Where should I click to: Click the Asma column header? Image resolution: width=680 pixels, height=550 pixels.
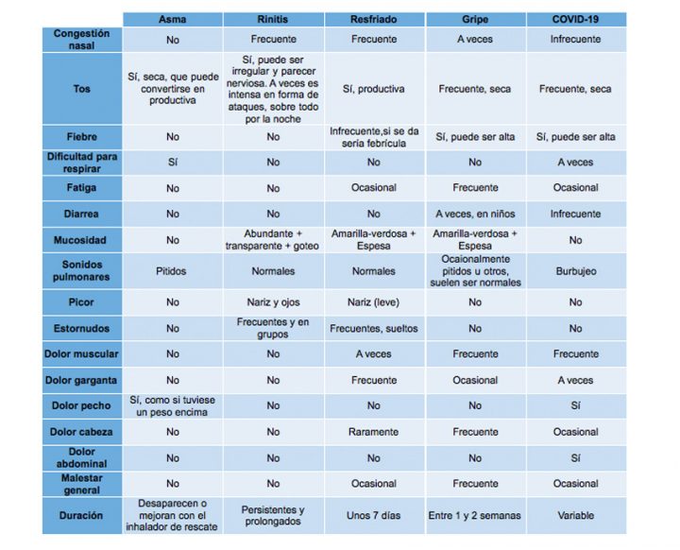point(173,19)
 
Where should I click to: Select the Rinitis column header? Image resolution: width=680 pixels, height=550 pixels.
point(273,19)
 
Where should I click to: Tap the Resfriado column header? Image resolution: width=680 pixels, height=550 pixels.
point(374,19)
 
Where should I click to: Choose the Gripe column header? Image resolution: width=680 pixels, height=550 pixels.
point(475,19)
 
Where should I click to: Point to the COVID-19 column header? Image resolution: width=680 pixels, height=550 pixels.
point(575,19)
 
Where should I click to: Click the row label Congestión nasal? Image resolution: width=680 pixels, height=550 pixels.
point(82,40)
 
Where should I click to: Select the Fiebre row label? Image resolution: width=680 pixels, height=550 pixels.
point(82,137)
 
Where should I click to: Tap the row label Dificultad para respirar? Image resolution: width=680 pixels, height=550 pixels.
point(82,162)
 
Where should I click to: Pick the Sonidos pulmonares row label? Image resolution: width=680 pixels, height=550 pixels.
point(82,271)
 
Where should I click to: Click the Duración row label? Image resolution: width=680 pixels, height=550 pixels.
point(82,516)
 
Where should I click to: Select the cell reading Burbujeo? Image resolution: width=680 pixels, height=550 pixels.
point(575,271)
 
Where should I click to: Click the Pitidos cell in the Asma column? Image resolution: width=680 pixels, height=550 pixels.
point(173,271)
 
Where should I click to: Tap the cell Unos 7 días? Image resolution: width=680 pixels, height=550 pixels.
point(374,516)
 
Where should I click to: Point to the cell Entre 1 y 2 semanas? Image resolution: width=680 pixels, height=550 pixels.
point(475,516)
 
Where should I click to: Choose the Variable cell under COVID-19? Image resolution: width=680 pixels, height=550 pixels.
point(575,516)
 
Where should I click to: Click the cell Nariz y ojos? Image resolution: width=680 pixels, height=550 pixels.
point(273,303)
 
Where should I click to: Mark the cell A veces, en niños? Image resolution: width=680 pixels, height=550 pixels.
point(475,214)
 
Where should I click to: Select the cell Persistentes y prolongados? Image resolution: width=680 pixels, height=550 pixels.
point(273,516)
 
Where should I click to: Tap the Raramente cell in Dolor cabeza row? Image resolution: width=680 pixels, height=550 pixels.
point(374,432)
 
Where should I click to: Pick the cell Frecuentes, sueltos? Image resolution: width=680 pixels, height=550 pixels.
point(374,329)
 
